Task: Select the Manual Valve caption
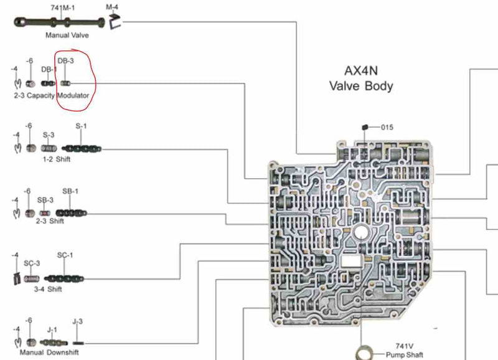tap(67, 36)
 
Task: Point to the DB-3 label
tap(65, 61)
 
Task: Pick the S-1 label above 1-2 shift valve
tap(81, 126)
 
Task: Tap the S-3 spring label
tap(49, 135)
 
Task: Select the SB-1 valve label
tap(70, 191)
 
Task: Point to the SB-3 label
tap(45, 200)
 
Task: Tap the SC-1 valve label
tap(65, 255)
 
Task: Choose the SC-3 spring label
tap(32, 263)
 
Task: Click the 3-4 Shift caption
tap(47, 289)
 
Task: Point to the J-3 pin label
tap(77, 321)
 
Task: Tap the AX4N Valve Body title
tap(361, 78)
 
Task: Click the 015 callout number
tap(387, 128)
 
